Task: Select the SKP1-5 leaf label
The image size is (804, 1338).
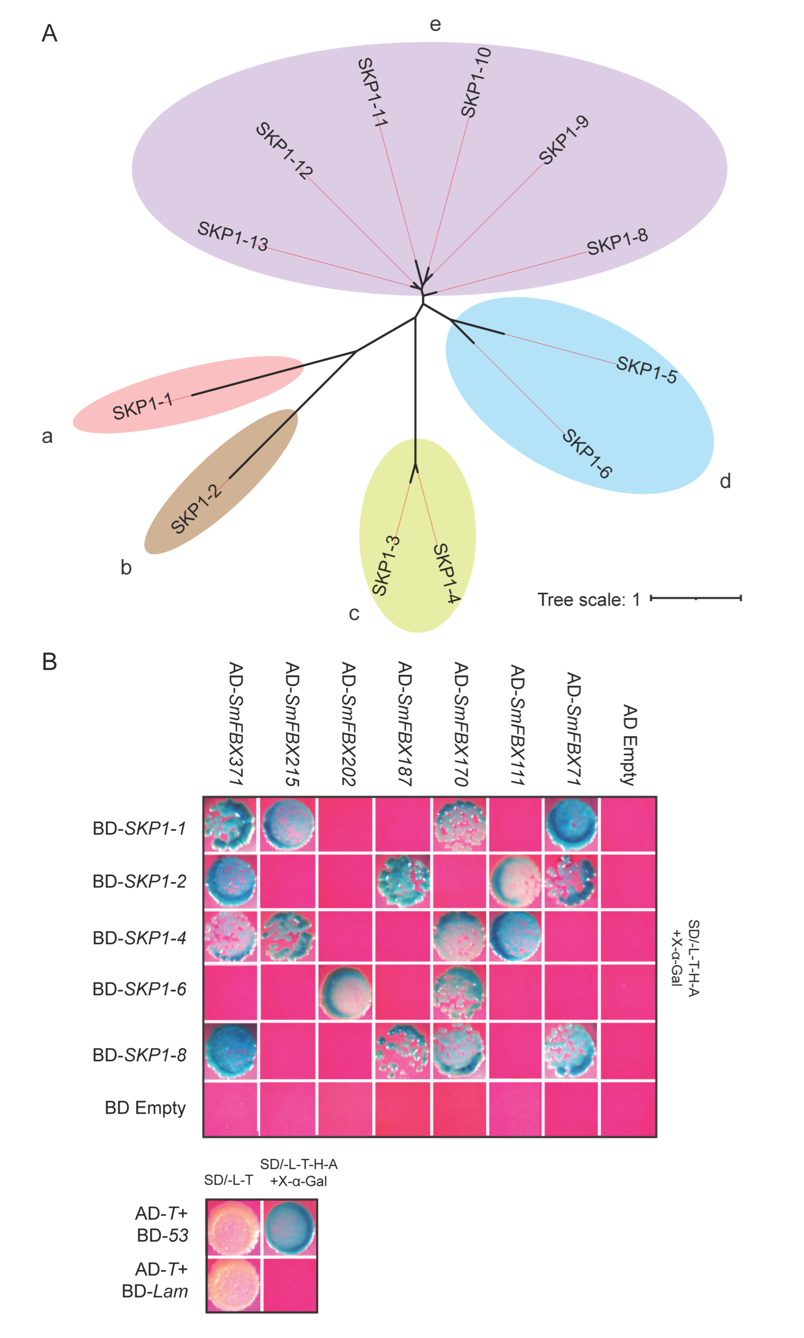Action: pyautogui.click(x=646, y=370)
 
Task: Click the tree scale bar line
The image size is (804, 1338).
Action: pyautogui.click(x=696, y=598)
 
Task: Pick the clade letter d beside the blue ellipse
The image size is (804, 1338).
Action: pyautogui.click(x=725, y=481)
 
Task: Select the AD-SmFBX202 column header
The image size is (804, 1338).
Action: pyautogui.click(x=348, y=723)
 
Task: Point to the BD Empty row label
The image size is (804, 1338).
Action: pyautogui.click(x=145, y=1108)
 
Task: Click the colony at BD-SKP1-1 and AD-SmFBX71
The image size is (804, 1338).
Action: pyautogui.click(x=572, y=823)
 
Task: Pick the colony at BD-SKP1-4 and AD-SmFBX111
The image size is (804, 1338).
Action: pyautogui.click(x=515, y=935)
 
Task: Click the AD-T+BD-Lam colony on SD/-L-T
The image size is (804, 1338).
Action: pyautogui.click(x=233, y=1284)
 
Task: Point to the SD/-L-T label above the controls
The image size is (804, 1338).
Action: pyautogui.click(x=228, y=1180)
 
